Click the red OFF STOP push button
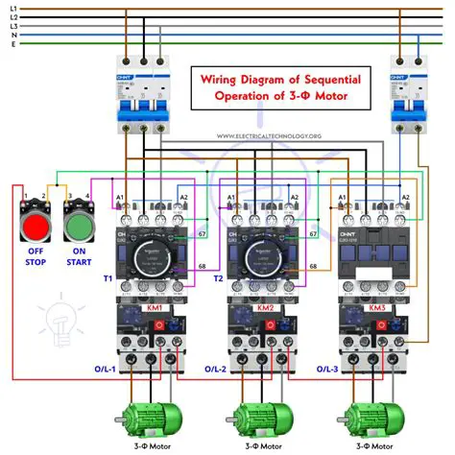point(35,227)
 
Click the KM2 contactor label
point(265,309)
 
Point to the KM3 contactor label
point(376,309)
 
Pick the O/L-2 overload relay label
point(217,368)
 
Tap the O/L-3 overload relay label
point(328,368)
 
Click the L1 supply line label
point(12,9)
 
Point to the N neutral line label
point(12,35)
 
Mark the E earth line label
point(12,43)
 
